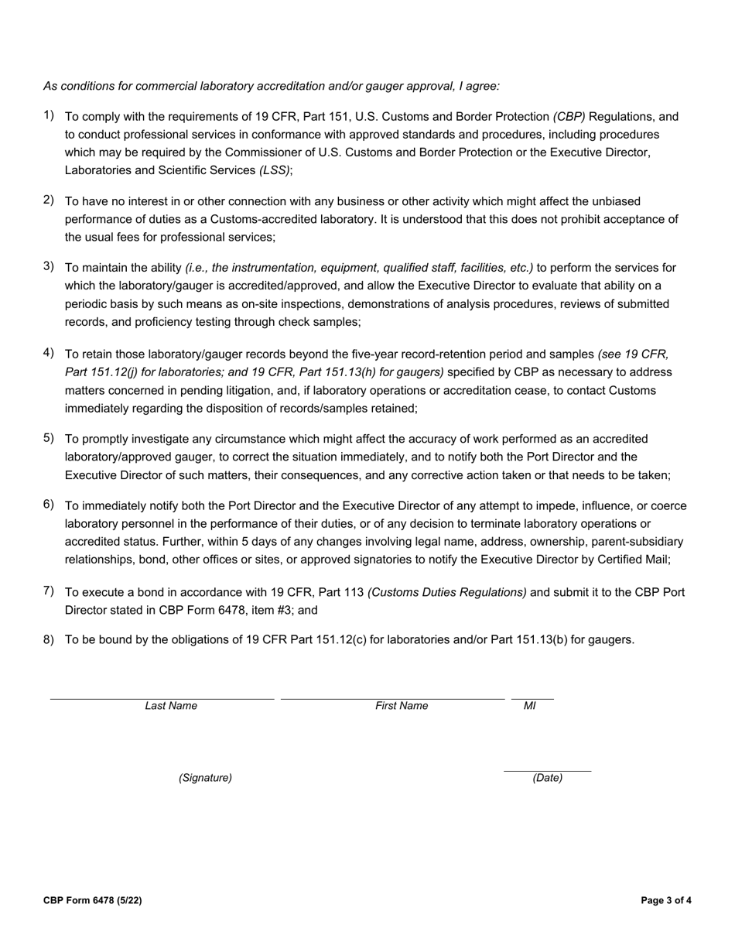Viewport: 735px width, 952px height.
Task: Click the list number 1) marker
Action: coord(49,116)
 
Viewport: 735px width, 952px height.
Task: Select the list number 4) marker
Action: coord(49,354)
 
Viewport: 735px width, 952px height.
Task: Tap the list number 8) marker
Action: coord(49,639)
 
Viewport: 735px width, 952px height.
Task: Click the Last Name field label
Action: coord(171,706)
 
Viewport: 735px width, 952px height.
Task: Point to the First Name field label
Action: coord(402,706)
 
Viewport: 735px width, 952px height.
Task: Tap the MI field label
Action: coord(530,706)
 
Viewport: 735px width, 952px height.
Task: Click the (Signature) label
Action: coord(205,778)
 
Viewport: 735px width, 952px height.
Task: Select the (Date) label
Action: coord(547,778)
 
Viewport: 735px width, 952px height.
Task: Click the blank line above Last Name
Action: coord(162,698)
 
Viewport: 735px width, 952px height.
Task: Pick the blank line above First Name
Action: coord(392,698)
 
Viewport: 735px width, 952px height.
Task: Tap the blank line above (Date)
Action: coord(547,770)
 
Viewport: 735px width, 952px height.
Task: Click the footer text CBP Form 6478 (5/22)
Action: coord(92,900)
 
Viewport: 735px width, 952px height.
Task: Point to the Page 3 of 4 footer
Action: coord(666,900)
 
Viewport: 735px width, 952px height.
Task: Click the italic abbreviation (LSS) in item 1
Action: coord(274,170)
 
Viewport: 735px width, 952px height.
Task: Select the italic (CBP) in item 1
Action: coord(569,117)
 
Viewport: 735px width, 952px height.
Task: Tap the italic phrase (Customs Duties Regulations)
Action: coord(447,593)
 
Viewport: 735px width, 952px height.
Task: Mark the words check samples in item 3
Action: coord(321,322)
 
